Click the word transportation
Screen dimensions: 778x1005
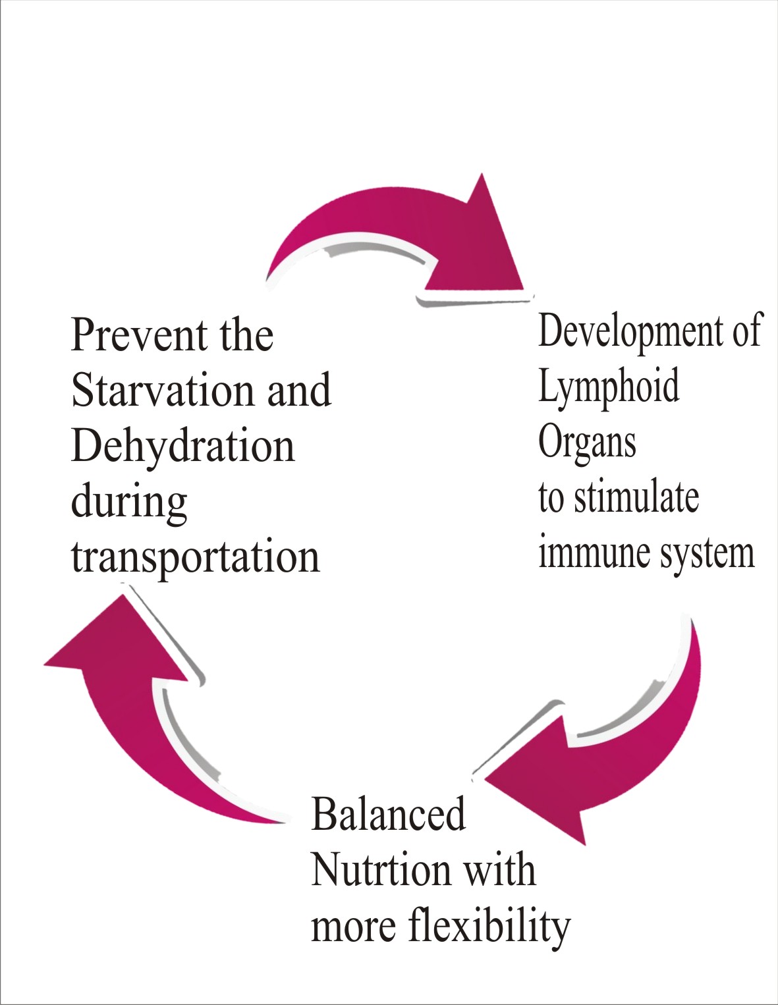click(x=196, y=557)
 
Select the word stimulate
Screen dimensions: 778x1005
click(x=636, y=499)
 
